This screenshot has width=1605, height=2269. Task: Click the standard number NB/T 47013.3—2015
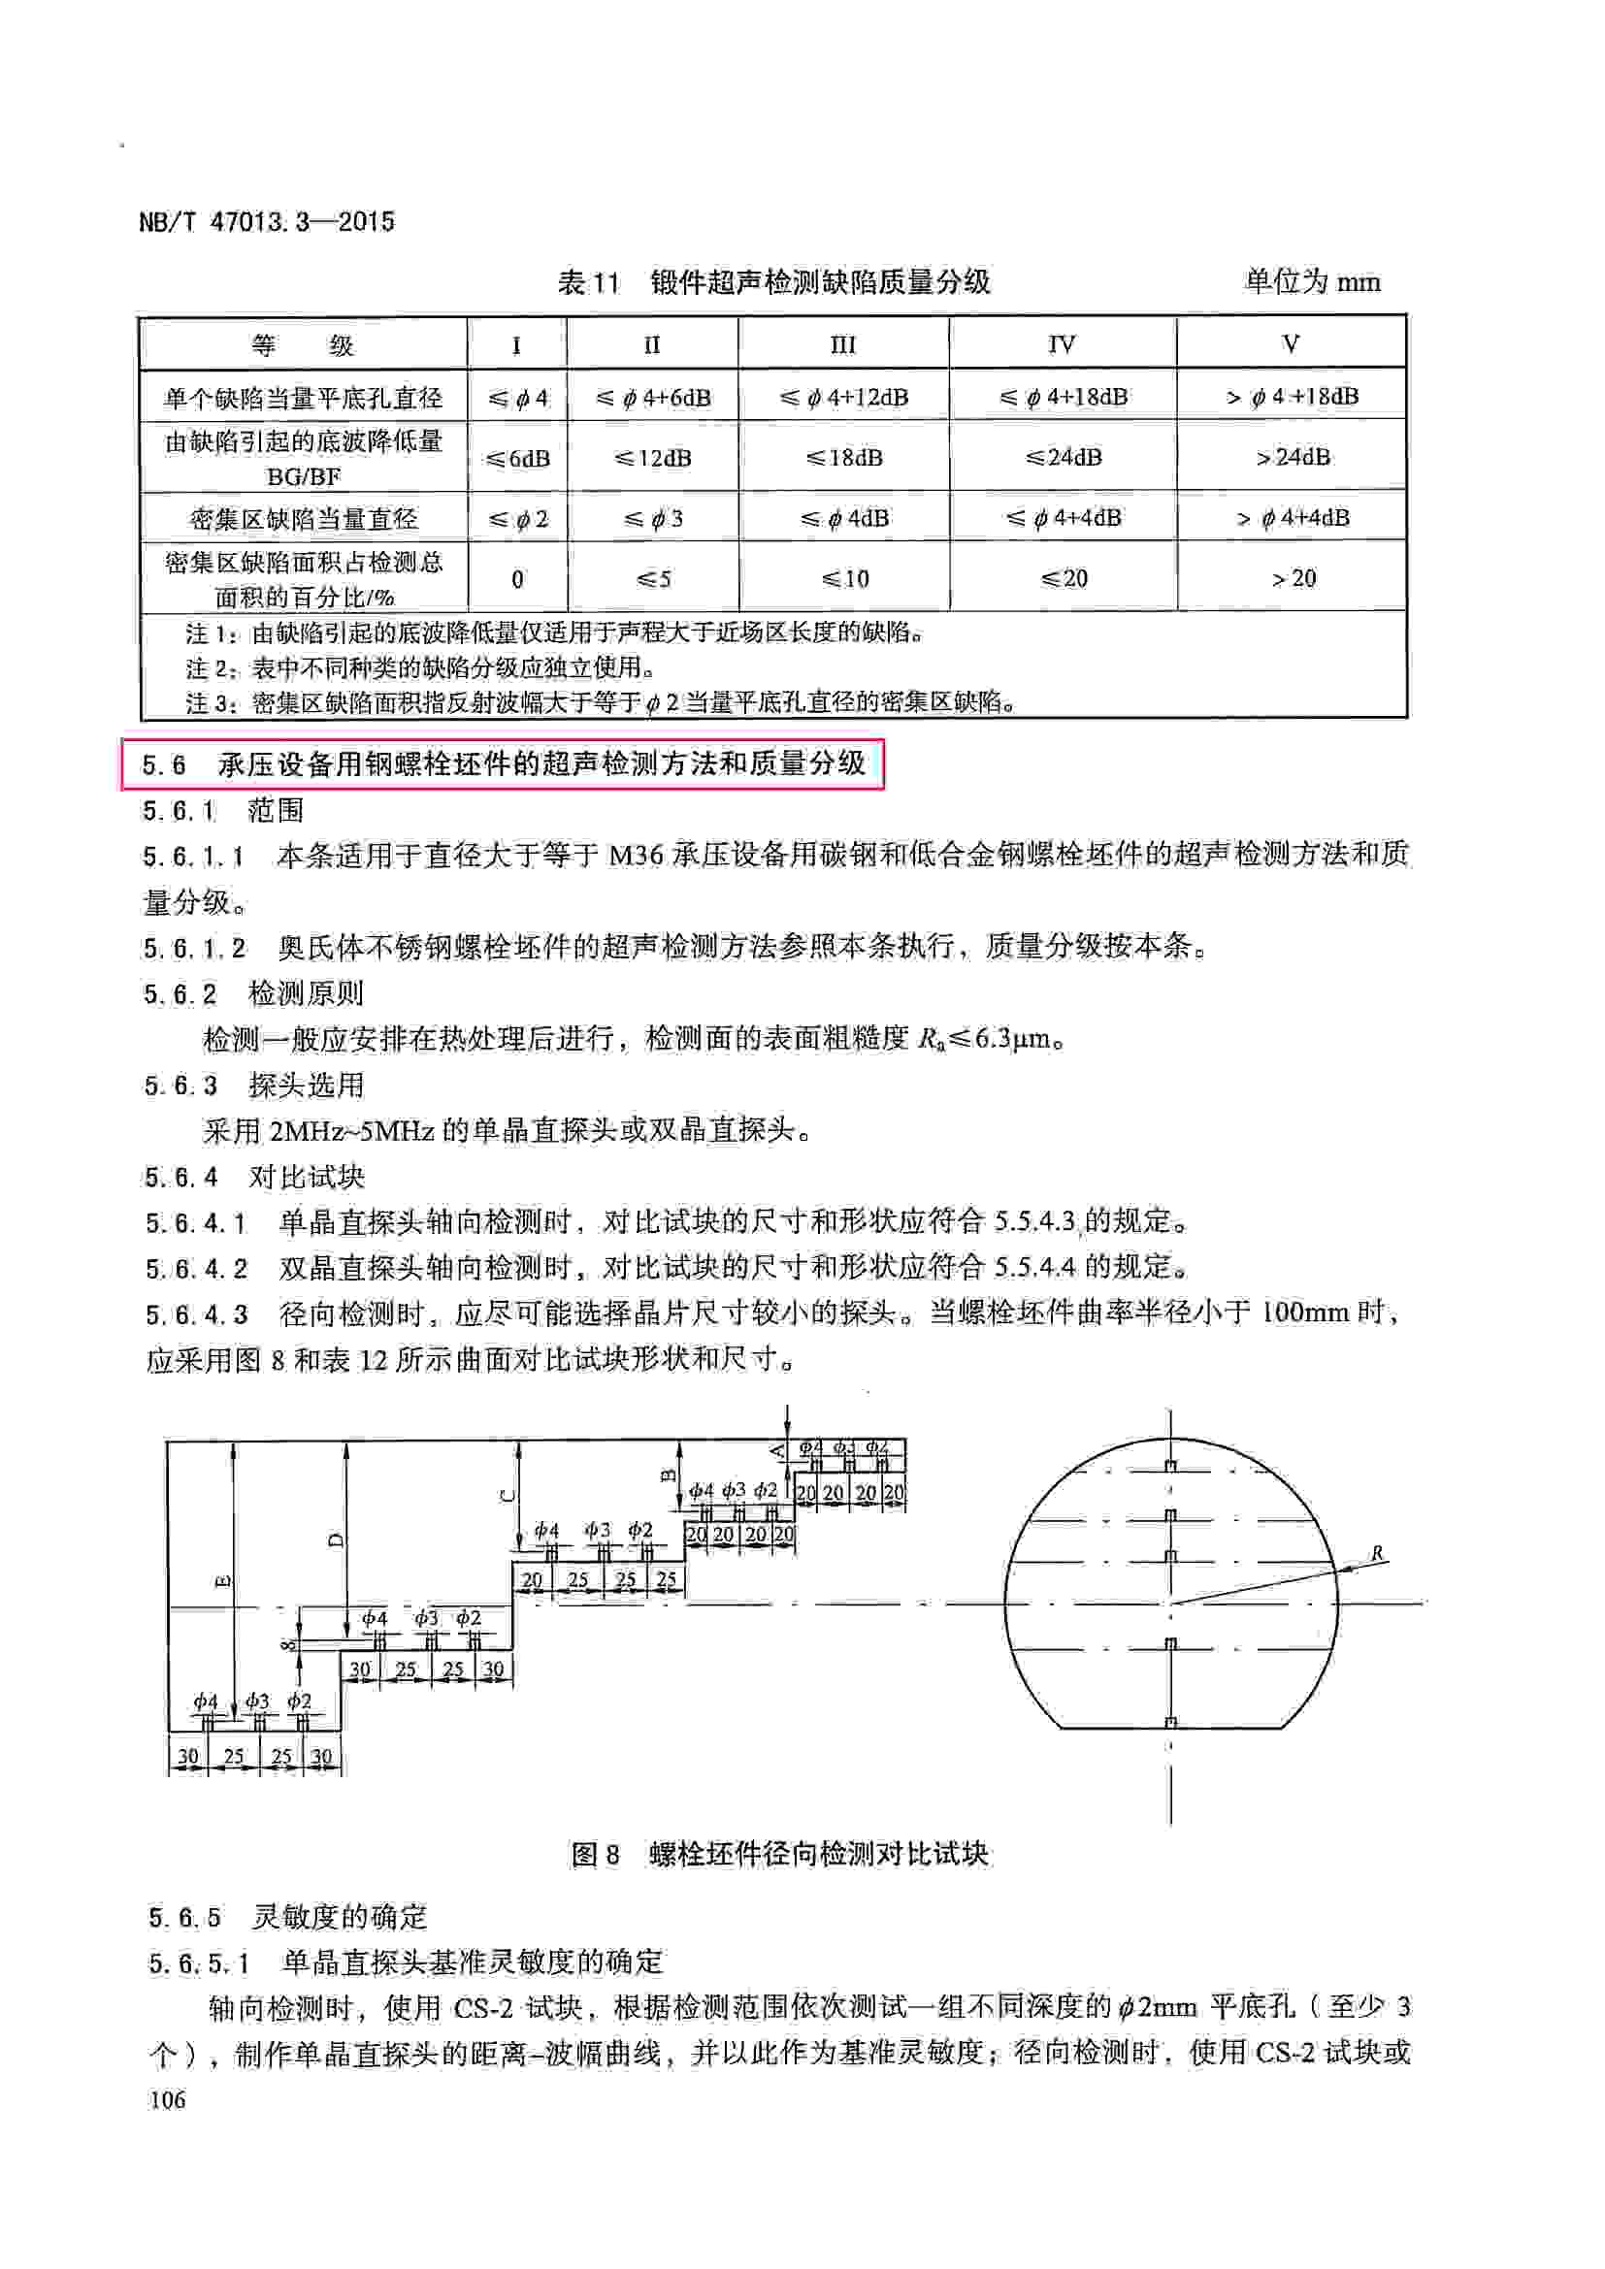(x=267, y=221)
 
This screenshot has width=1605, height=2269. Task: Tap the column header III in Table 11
(x=842, y=344)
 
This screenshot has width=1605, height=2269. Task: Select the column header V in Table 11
(x=1290, y=344)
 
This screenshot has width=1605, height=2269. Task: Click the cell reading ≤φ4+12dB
(x=843, y=398)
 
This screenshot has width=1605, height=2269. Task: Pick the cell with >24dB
(x=1292, y=457)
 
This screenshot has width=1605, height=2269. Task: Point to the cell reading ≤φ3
(x=652, y=518)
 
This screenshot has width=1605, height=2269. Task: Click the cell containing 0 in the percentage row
(x=517, y=579)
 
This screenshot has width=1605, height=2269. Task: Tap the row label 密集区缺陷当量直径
(x=304, y=518)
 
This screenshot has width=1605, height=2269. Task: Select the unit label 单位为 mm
(x=1312, y=282)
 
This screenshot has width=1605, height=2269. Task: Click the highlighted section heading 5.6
(x=502, y=763)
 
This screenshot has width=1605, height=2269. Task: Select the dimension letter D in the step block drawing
(x=335, y=1539)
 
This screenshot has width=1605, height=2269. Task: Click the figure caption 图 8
(x=595, y=1854)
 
